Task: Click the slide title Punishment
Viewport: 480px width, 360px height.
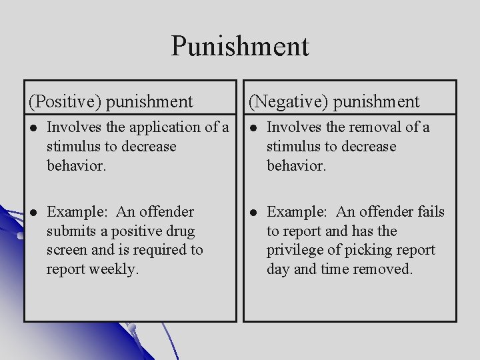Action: tap(240, 46)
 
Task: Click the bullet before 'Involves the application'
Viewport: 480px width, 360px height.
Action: tap(33, 127)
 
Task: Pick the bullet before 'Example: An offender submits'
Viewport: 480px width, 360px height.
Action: tap(33, 213)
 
